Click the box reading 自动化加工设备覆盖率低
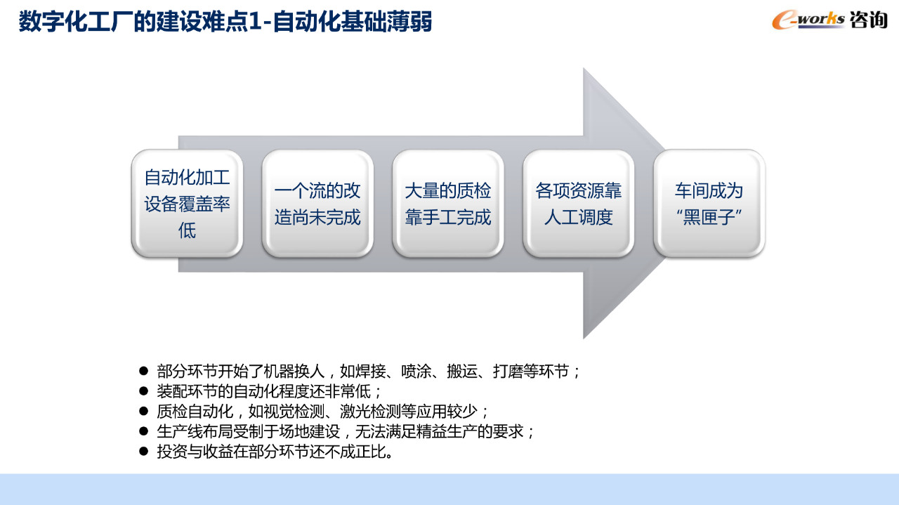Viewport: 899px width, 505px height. (187, 204)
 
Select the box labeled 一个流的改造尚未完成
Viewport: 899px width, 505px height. (317, 204)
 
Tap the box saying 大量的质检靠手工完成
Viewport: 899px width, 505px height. (448, 204)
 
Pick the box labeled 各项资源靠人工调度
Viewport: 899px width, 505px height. (578, 204)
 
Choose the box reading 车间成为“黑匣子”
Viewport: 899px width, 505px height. (709, 204)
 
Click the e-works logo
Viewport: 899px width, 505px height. (808, 20)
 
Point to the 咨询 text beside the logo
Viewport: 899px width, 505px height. (869, 20)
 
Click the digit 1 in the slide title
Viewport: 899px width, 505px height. (254, 22)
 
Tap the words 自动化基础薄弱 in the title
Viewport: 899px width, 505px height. (352, 22)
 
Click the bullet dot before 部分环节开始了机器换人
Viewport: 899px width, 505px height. (143, 371)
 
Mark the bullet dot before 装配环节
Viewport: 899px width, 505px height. (143, 391)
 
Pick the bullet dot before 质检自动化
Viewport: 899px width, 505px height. (143, 411)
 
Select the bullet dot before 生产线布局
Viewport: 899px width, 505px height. (143, 431)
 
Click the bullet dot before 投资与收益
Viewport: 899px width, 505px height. (143, 451)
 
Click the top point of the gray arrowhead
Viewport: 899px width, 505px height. (584, 68)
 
